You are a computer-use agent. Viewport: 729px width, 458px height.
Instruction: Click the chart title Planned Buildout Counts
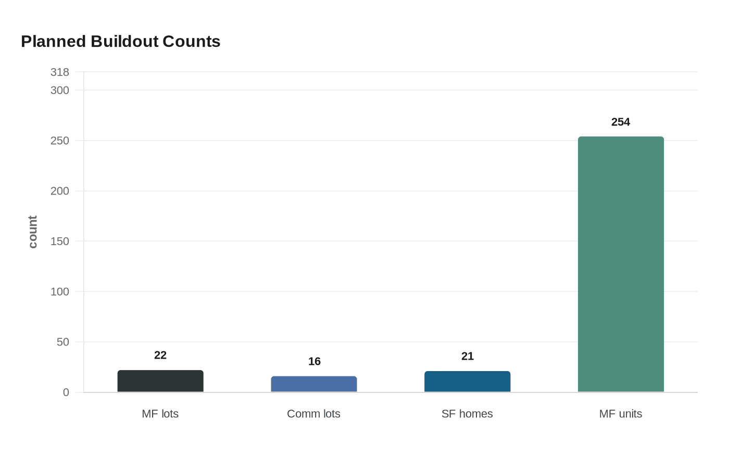(x=120, y=42)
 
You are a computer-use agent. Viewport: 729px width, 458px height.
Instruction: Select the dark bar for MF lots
(x=160, y=381)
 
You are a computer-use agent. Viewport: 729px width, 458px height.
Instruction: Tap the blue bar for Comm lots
(x=314, y=384)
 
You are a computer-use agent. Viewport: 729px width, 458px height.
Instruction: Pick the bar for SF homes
(x=467, y=382)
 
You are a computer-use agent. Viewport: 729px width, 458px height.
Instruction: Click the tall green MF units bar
(x=621, y=264)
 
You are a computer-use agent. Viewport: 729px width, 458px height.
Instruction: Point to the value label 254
(x=621, y=122)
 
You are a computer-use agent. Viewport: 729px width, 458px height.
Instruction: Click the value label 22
(x=160, y=355)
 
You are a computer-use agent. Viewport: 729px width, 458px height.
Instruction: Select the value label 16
(x=314, y=362)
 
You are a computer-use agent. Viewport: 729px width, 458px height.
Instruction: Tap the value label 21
(x=467, y=357)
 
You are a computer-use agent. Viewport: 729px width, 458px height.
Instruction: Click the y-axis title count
(x=33, y=232)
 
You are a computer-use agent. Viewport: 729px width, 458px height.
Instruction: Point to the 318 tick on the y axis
(x=60, y=72)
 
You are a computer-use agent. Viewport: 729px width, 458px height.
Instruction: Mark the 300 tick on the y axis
(x=60, y=91)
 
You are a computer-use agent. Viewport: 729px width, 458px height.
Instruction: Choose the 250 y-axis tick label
(x=60, y=141)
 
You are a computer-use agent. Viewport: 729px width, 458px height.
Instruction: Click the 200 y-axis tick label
(x=60, y=191)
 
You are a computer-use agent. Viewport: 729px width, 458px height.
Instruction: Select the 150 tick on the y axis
(x=60, y=241)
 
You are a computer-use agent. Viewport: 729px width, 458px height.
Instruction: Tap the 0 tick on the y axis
(x=66, y=392)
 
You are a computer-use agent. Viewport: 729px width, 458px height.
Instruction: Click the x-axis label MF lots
(x=160, y=414)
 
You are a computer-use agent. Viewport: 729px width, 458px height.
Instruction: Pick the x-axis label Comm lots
(x=313, y=414)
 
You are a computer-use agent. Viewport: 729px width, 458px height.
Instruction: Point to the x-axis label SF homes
(x=467, y=414)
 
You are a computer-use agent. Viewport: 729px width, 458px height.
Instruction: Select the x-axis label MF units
(x=621, y=414)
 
